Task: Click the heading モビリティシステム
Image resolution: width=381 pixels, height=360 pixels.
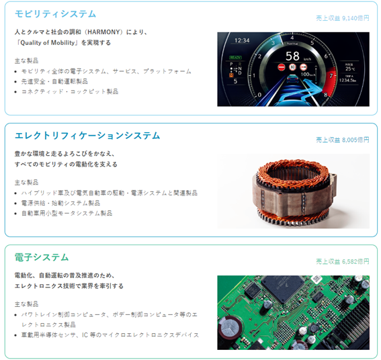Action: pos(55,14)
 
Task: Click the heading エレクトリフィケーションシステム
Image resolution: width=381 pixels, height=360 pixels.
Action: pos(87,136)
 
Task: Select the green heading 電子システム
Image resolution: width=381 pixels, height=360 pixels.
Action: pos(42,257)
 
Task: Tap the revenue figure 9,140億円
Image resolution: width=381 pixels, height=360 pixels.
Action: pos(355,18)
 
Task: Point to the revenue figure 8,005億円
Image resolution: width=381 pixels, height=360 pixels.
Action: pos(355,140)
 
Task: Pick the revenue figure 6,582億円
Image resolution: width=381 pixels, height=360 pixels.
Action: pos(355,262)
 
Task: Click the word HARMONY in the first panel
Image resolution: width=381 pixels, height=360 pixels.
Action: pos(103,32)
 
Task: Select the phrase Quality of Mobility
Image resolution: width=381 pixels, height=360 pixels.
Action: pos(48,43)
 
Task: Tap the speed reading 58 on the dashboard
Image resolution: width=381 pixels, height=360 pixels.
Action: pos(292,56)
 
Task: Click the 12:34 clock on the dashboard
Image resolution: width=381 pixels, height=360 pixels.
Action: pos(242,40)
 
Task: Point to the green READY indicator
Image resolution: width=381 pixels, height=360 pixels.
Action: pos(235,58)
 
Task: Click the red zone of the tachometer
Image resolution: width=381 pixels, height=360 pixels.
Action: pos(330,79)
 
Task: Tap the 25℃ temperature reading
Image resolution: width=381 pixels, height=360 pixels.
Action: pos(350,69)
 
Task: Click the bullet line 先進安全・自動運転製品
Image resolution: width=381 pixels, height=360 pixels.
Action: pos(54,81)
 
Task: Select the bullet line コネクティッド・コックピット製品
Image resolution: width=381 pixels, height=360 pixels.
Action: pos(70,91)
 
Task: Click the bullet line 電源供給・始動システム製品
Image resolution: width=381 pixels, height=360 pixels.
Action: pos(60,203)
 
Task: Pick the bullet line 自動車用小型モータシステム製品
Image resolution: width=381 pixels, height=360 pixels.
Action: pos(67,214)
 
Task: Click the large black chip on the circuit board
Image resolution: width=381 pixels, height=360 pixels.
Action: pos(283,288)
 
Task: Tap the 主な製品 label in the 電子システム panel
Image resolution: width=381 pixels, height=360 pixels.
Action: pos(26,304)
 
